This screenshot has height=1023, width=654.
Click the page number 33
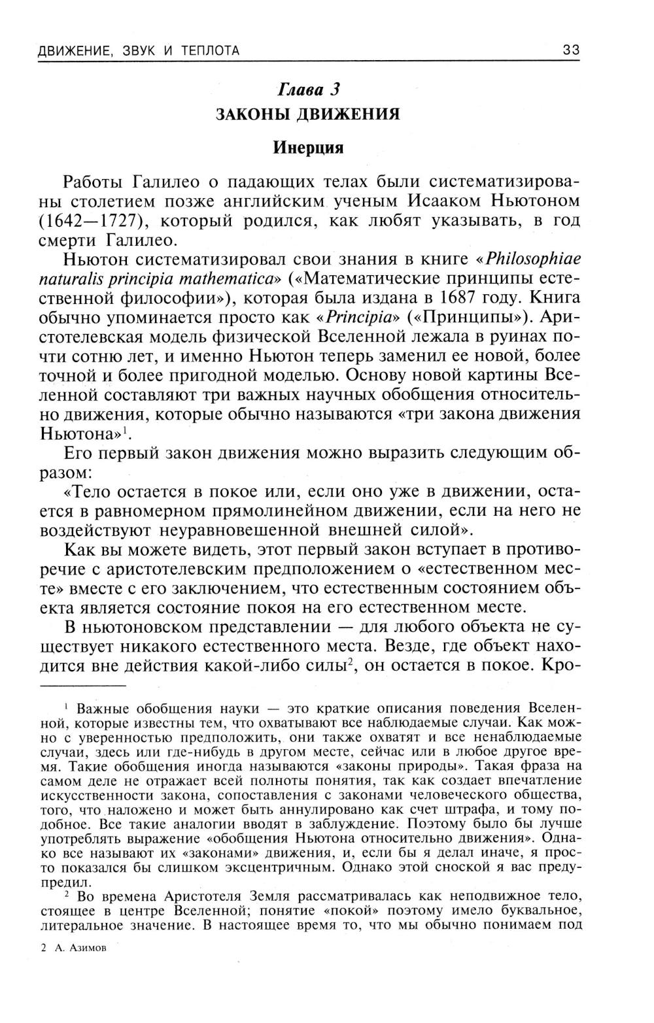click(570, 50)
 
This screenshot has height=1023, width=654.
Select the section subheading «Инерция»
click(308, 147)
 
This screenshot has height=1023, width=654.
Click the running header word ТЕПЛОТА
click(209, 50)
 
